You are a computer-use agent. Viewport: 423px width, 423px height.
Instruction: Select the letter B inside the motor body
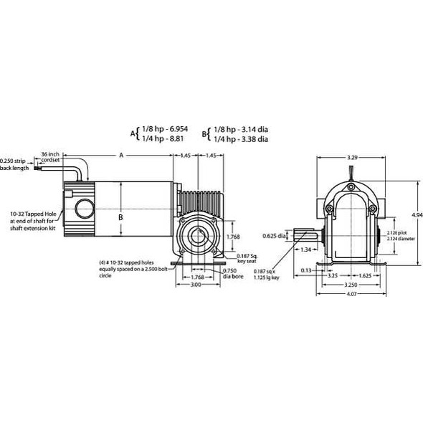(121, 218)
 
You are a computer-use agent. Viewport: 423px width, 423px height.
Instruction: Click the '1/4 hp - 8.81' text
(161, 139)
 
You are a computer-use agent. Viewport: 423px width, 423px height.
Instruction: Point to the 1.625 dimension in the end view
(369, 274)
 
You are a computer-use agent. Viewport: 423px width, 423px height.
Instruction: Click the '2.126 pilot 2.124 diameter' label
(396, 237)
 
